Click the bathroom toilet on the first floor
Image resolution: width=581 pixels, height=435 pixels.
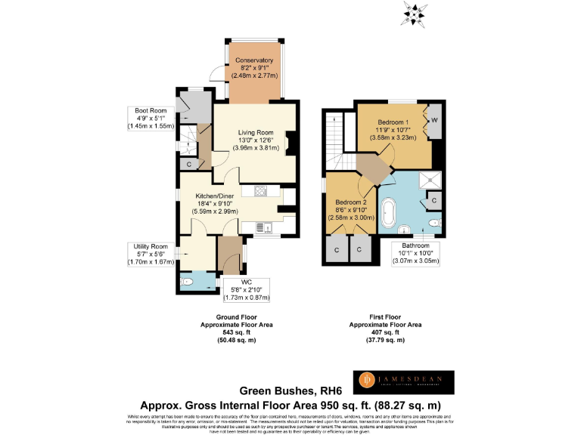(x=434, y=224)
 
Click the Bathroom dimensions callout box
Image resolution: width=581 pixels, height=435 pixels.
(x=415, y=252)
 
